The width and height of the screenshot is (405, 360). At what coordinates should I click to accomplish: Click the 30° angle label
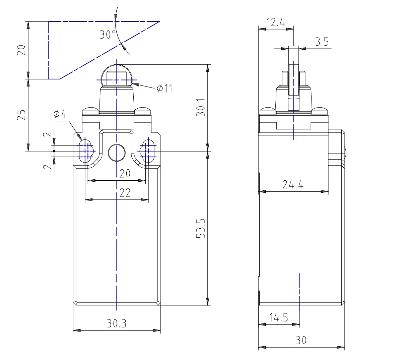coord(108,35)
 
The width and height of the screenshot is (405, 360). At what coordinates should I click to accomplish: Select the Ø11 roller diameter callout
coord(164,88)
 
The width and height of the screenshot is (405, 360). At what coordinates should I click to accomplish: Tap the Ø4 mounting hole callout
coord(60,114)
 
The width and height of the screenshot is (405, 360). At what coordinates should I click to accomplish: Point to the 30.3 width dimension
coord(117,323)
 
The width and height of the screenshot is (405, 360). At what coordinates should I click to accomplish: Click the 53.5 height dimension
coord(201,228)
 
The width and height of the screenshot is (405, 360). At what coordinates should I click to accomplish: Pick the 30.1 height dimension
coord(201,107)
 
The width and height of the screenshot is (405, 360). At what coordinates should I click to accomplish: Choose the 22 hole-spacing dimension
coord(125,193)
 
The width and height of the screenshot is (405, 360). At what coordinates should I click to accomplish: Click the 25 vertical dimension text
coord(21,115)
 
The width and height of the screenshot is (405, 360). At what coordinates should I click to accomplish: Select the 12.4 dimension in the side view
coord(276,22)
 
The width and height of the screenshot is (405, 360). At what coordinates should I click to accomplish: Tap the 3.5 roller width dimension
coord(322,42)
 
